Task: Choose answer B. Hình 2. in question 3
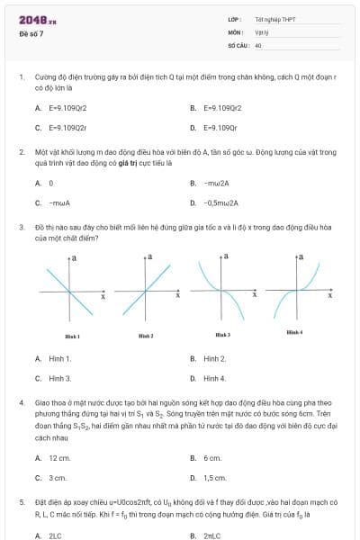point(209,358)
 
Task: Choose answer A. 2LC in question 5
point(49,535)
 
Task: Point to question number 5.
point(21,503)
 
